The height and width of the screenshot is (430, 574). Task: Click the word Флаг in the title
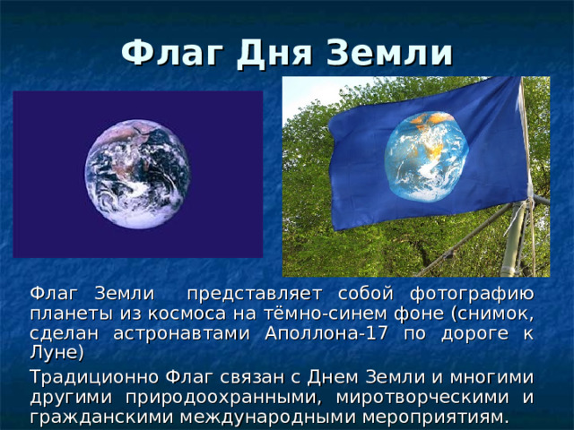172,53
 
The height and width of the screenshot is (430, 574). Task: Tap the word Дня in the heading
274,54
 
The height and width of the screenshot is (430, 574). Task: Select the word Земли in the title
389,54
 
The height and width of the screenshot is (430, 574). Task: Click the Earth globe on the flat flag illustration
137,175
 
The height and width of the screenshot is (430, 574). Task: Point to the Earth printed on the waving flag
427,157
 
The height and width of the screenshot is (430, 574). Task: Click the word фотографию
472,295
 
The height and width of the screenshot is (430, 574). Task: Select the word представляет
255,295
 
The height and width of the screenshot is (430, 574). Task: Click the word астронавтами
181,334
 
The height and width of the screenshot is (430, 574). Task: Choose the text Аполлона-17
326,333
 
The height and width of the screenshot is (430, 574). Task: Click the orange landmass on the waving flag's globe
432,118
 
